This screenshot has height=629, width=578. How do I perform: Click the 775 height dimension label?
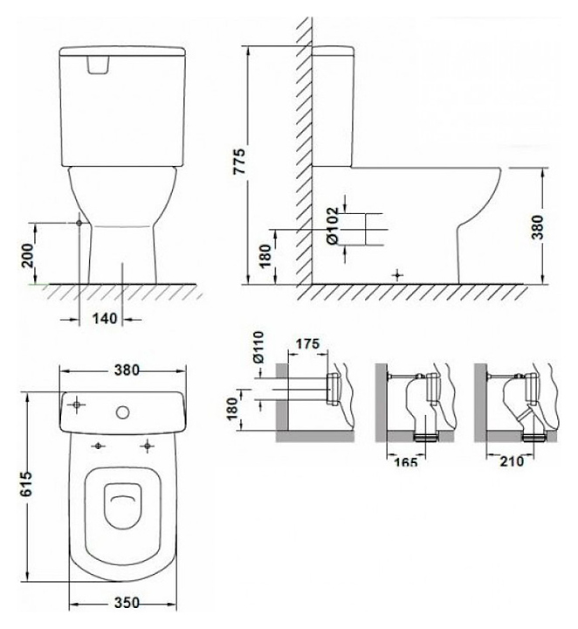point(240,162)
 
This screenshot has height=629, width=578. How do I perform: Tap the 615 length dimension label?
point(26,484)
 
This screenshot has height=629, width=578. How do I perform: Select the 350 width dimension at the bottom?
point(127,603)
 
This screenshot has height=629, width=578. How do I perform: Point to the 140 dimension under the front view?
point(105,319)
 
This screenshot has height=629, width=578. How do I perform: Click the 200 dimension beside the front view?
point(28,255)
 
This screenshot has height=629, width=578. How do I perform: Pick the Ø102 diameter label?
point(333,225)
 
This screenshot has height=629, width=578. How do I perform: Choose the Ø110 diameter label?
point(259,347)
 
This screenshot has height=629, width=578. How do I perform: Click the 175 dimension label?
point(308,344)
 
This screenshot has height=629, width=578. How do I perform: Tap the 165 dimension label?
point(406,462)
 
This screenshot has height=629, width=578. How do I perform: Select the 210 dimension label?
point(512,461)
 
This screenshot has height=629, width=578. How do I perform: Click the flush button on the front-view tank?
point(98,65)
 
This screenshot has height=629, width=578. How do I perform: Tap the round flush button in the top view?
point(122,412)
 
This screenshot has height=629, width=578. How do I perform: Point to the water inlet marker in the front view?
point(79,223)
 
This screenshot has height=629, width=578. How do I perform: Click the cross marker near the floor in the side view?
point(397,275)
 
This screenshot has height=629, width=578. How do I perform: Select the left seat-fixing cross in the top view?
point(98,446)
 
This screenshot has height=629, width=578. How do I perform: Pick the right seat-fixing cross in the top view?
point(148,446)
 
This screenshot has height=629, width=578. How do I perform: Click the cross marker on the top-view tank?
point(76,404)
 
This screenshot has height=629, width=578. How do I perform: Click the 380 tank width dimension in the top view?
point(127,370)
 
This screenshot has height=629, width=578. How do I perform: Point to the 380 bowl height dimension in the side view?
point(538,227)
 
